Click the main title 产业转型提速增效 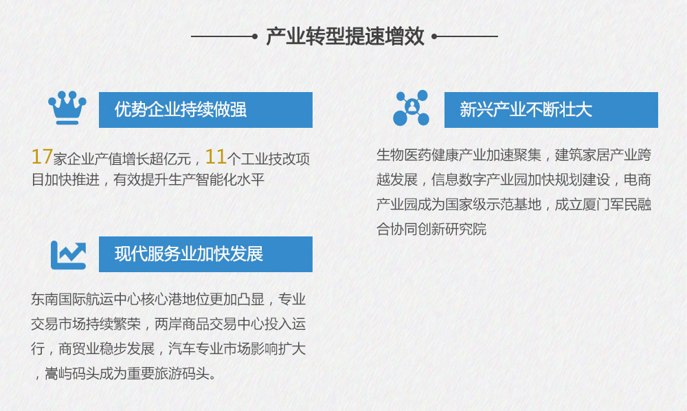pyautogui.click(x=346, y=36)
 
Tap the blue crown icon pyautogui.click(x=67, y=108)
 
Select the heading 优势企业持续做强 pyautogui.click(x=181, y=109)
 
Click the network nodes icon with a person pyautogui.click(x=411, y=108)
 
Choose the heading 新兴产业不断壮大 pyautogui.click(x=526, y=109)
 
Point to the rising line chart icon pyautogui.click(x=68, y=255)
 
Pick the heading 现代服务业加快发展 pyautogui.click(x=189, y=254)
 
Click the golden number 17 pyautogui.click(x=42, y=157)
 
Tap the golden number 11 pyautogui.click(x=216, y=157)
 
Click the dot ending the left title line pyautogui.click(x=255, y=36)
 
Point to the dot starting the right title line pyautogui.click(x=434, y=36)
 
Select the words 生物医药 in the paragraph pyautogui.click(x=404, y=155)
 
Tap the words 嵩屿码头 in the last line pyautogui.click(x=72, y=374)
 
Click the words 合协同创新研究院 pyautogui.click(x=431, y=229)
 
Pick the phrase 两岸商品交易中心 pyautogui.click(x=210, y=324)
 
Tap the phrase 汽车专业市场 pyautogui.click(x=210, y=348)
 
